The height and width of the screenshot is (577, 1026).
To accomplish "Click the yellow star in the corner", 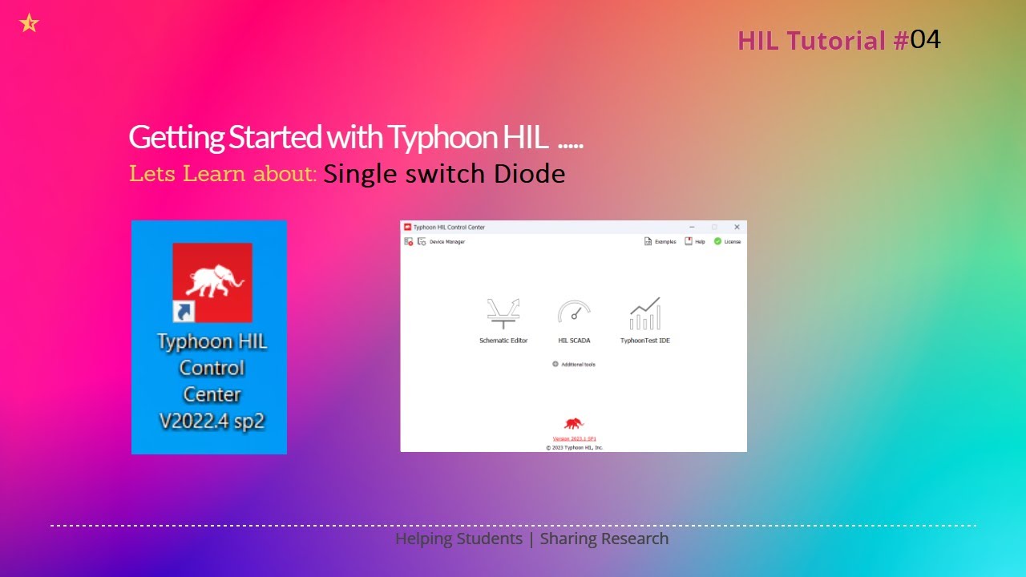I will [x=29, y=23].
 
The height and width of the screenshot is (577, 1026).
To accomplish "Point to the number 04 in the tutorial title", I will [x=925, y=39].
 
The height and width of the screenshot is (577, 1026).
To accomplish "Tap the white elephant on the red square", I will [x=212, y=281].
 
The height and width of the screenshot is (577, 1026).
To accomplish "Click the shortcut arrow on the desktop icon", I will [x=184, y=311].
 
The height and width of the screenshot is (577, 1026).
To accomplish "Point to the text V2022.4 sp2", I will [x=212, y=422].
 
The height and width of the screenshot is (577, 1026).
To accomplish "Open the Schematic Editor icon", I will [x=503, y=313].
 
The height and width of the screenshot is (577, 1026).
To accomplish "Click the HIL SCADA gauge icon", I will [x=574, y=313].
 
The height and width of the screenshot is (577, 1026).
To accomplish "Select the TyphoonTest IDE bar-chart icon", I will [x=645, y=313].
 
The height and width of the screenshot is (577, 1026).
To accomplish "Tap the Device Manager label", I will [x=446, y=241].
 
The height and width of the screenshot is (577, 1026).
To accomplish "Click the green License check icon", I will [x=718, y=241].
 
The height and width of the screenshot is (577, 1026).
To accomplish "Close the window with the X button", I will [x=737, y=227].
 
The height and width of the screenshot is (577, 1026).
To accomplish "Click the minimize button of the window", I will [x=692, y=227].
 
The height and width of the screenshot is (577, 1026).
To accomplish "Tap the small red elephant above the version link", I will [x=573, y=423].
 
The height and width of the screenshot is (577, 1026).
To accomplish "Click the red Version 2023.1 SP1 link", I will [x=574, y=438].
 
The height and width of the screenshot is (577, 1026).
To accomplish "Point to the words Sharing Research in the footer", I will [x=604, y=539].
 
